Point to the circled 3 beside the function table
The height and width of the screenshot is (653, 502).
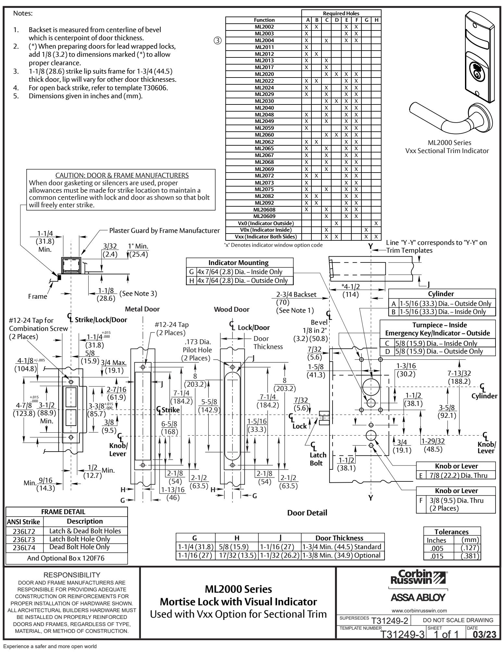click(x=218, y=41)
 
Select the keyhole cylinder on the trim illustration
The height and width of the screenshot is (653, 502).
click(x=476, y=70)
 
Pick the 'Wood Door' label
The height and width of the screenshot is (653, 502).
click(x=232, y=309)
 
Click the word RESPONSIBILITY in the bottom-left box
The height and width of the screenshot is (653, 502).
click(x=72, y=575)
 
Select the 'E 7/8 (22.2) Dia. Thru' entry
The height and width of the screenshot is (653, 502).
click(x=456, y=475)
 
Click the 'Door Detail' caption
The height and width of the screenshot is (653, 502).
click(x=307, y=513)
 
